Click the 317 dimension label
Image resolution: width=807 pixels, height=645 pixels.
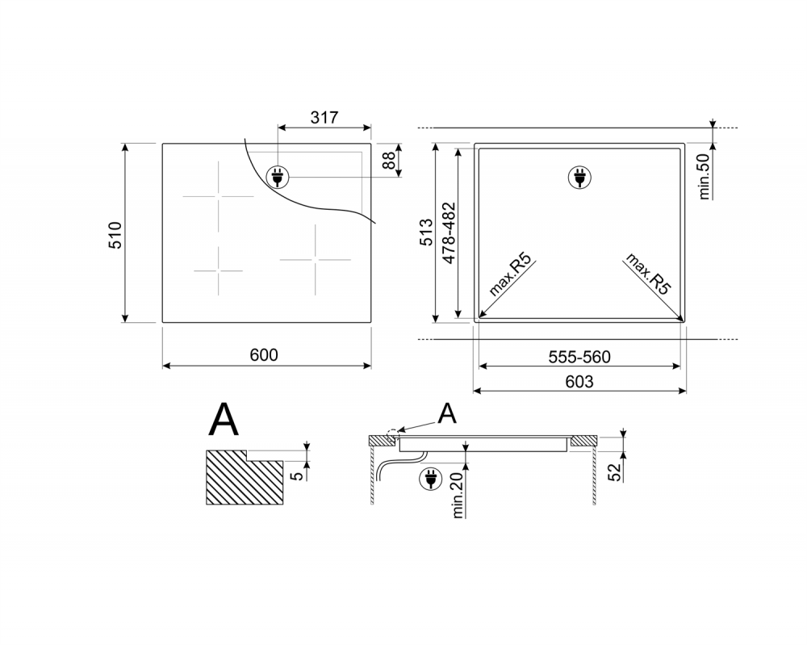324,117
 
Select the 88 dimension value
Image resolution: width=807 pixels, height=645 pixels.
390,160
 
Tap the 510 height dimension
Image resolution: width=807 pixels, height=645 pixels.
115,235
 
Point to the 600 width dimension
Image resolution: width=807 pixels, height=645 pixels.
264,354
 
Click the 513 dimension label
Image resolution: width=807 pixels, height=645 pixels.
427,232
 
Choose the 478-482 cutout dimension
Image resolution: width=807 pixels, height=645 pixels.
449,233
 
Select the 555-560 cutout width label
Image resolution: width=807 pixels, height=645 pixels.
579,357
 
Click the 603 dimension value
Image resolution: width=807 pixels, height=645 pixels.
579,382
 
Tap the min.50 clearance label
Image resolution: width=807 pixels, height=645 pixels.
705,177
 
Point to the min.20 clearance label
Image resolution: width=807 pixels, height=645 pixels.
458,495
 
